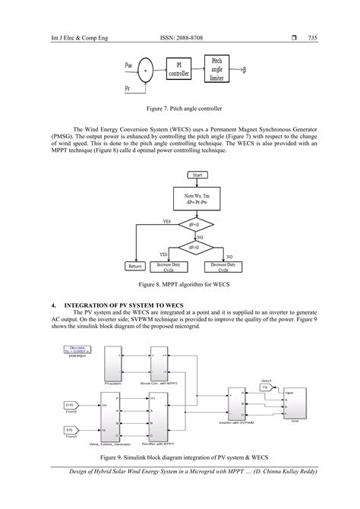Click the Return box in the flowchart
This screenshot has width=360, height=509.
coord(136,267)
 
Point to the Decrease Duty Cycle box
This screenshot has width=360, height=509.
coord(223,267)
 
